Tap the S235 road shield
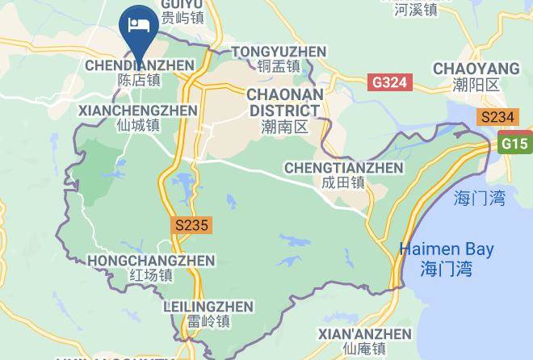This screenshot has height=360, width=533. click(x=192, y=227)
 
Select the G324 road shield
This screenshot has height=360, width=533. click(x=391, y=82)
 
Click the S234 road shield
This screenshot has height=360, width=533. click(x=497, y=117)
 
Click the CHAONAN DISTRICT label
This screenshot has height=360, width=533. click(x=284, y=103)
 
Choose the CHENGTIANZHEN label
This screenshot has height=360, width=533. click(x=343, y=168)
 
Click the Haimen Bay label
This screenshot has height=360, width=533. click(x=447, y=250)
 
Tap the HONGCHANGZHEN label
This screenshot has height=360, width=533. click(x=151, y=261)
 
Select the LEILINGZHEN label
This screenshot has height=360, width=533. click(x=208, y=307)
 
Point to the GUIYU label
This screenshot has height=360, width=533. click(x=182, y=4)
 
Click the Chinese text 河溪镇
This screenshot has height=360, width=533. click(x=416, y=10)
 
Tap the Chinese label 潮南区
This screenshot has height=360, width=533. click(x=285, y=127)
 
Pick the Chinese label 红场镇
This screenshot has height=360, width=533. click(x=151, y=276)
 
